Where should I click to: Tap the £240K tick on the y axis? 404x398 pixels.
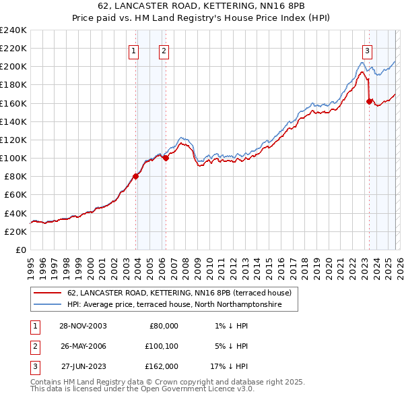click(x=13, y=30)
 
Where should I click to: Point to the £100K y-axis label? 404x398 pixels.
click(x=13, y=158)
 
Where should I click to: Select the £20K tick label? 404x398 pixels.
click(x=15, y=231)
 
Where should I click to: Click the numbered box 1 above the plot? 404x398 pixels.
click(x=133, y=50)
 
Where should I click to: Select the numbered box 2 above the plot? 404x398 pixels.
click(x=164, y=50)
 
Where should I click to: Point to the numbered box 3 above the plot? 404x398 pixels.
click(x=367, y=50)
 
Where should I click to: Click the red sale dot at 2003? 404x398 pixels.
click(x=136, y=176)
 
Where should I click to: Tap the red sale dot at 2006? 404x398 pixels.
click(x=166, y=158)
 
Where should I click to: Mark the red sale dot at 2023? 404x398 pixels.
click(x=369, y=101)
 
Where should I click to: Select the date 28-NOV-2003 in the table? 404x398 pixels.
click(x=83, y=326)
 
